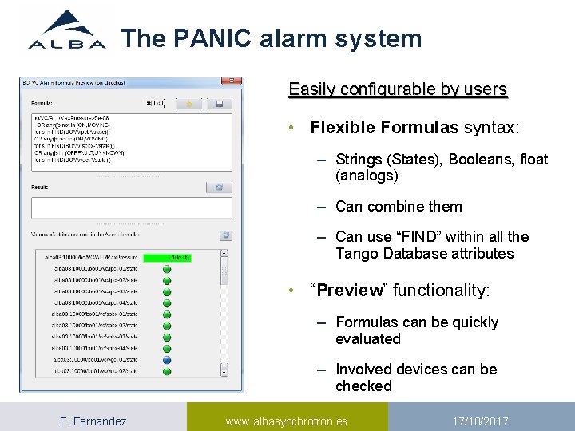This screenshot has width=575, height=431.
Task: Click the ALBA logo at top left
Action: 67,32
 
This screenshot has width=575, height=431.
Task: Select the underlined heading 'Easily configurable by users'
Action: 398,89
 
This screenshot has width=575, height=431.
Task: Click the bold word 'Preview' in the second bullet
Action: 350,290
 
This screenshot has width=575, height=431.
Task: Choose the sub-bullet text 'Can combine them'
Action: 399,206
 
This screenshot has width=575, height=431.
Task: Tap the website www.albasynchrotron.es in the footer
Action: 286,421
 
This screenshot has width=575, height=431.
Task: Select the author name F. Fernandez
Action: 93,421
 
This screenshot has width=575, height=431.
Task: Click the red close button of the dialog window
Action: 231,81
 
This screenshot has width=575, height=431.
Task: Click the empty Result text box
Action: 131,208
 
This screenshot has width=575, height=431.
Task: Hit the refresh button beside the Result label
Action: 219,188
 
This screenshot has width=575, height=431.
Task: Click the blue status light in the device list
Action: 167,360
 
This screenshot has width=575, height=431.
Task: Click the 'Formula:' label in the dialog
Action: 43,103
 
